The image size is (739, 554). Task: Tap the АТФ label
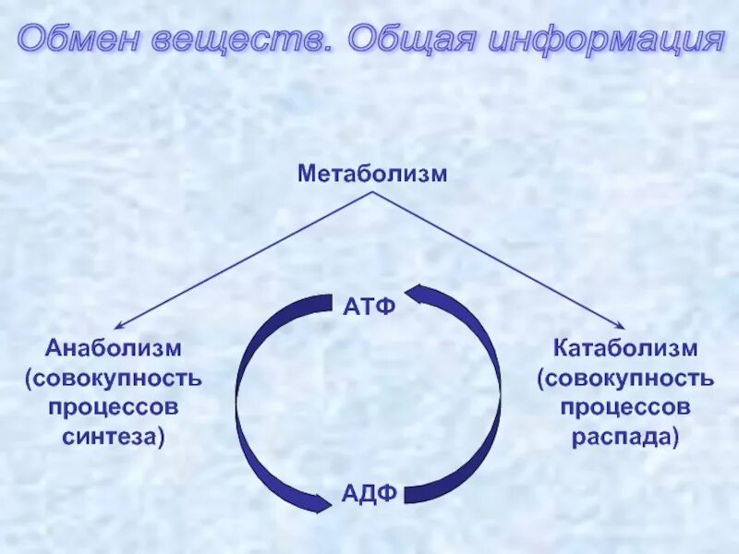click(369, 306)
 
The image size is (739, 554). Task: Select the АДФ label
click(369, 493)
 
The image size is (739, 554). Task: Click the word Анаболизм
click(114, 349)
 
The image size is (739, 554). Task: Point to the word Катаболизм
click(625, 349)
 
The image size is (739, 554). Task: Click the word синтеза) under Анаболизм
click(114, 437)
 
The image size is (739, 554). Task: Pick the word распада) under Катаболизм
click(625, 437)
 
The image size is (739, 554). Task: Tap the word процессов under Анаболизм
click(114, 407)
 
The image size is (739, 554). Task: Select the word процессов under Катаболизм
click(625, 407)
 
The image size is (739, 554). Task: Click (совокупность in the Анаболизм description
click(114, 379)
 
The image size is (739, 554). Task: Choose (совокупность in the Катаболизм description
click(625, 379)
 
